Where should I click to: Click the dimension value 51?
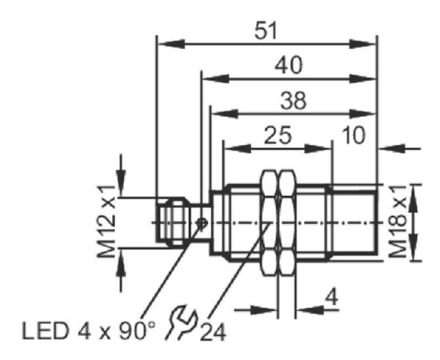(x=266, y=30)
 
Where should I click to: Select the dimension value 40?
(x=289, y=65)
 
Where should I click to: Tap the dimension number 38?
(x=294, y=101)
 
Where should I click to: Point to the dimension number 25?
(x=278, y=135)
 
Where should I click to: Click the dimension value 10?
(x=354, y=135)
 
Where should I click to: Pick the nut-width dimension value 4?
(x=332, y=297)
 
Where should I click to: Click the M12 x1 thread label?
(x=107, y=222)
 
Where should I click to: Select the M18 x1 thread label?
(x=398, y=222)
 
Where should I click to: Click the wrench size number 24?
(x=213, y=332)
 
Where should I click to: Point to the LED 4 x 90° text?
(x=88, y=331)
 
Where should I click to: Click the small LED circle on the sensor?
(x=202, y=223)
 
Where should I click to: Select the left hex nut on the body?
(x=269, y=222)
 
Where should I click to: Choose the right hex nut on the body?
(x=287, y=222)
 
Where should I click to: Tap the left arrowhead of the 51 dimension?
(x=171, y=44)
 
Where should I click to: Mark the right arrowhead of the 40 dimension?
(x=362, y=79)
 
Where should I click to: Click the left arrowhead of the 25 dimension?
(x=238, y=149)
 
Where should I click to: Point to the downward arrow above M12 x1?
(x=121, y=175)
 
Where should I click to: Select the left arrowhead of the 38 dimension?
(x=225, y=114)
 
